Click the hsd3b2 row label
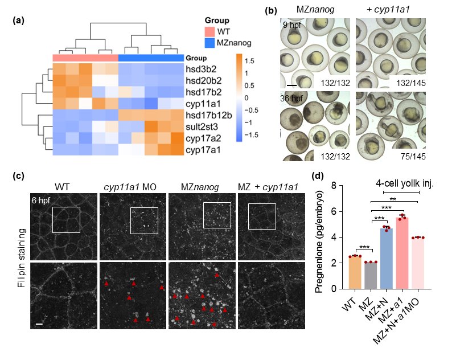point(201,69)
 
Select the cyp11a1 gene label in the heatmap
point(203,104)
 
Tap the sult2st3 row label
point(202,127)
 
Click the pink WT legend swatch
point(209,31)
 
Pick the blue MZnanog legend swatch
point(209,43)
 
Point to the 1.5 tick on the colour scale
point(249,61)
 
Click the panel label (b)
point(271,11)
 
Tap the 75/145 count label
point(413,157)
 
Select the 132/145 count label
point(411,83)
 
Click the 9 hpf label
point(292,25)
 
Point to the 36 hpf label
point(291,99)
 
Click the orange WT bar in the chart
point(355,272)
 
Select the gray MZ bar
point(371,275)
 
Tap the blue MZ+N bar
point(387,259)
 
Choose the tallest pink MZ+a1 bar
point(402,253)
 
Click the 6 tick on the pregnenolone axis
point(334,211)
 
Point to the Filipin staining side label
point(22,258)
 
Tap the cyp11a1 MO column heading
point(130,187)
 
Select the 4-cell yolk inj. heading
point(405,183)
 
